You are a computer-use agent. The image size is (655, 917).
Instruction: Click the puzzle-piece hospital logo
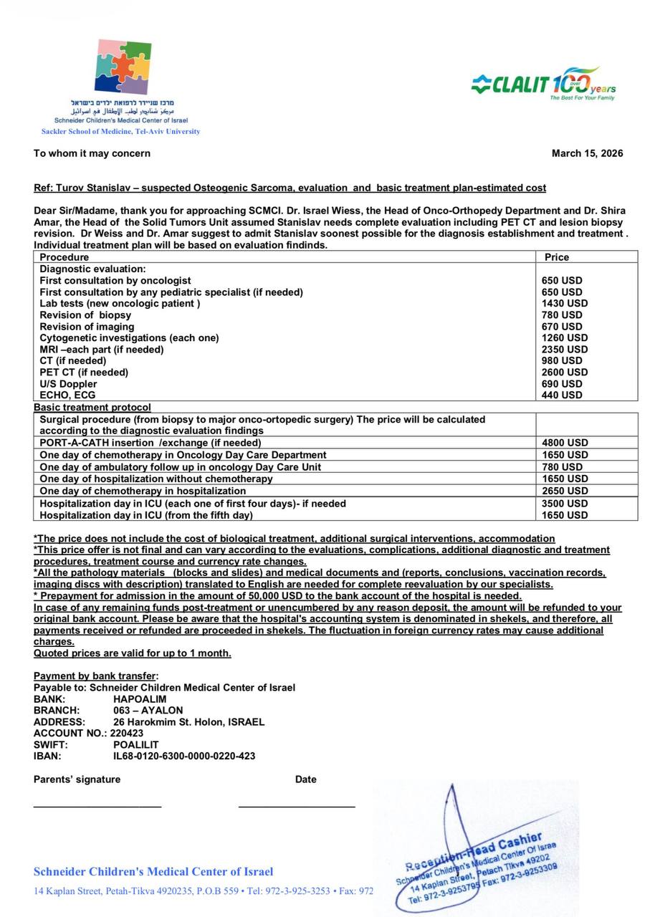coord(123,67)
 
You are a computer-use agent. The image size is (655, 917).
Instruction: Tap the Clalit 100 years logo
coord(544,84)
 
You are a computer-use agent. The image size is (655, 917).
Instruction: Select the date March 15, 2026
coord(587,153)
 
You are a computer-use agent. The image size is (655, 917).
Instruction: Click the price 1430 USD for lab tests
coord(564,303)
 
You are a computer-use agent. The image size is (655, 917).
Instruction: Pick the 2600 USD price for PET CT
coord(564,372)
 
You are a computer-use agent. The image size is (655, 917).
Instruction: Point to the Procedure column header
coord(64,256)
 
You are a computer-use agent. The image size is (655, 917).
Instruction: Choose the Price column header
coord(557,256)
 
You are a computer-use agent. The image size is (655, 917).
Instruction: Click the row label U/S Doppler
coord(68,383)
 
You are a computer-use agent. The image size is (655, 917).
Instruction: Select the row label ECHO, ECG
coord(67,395)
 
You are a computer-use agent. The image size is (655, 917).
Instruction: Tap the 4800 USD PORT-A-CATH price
coord(564,443)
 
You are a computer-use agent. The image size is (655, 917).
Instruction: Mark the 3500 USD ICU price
coord(564,504)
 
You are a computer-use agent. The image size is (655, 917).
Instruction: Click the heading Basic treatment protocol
coord(92,407)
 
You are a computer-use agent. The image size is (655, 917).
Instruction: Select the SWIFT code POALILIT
coord(136,744)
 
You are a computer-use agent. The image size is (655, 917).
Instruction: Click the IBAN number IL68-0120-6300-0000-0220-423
coord(184,756)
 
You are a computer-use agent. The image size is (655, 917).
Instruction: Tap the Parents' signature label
coord(77,779)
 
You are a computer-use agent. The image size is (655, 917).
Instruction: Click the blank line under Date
coord(297,807)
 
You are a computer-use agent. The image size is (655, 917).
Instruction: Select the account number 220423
coord(127,733)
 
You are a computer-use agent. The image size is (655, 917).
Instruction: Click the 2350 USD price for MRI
coord(564,349)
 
